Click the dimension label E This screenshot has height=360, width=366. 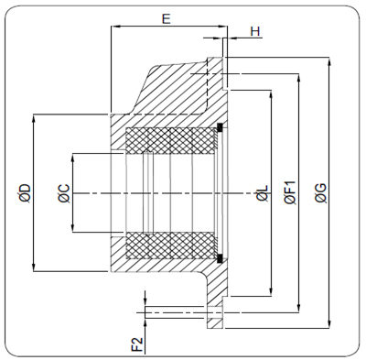166,19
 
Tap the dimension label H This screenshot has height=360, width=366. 255,31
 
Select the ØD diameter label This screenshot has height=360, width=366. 25,192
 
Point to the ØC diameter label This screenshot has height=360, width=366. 64,193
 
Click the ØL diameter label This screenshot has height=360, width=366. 263,193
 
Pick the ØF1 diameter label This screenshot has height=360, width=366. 290,192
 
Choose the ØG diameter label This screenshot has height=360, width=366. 321,193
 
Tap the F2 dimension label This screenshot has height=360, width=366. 138,344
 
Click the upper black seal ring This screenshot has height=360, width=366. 220,126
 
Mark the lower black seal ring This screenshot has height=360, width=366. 220,258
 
